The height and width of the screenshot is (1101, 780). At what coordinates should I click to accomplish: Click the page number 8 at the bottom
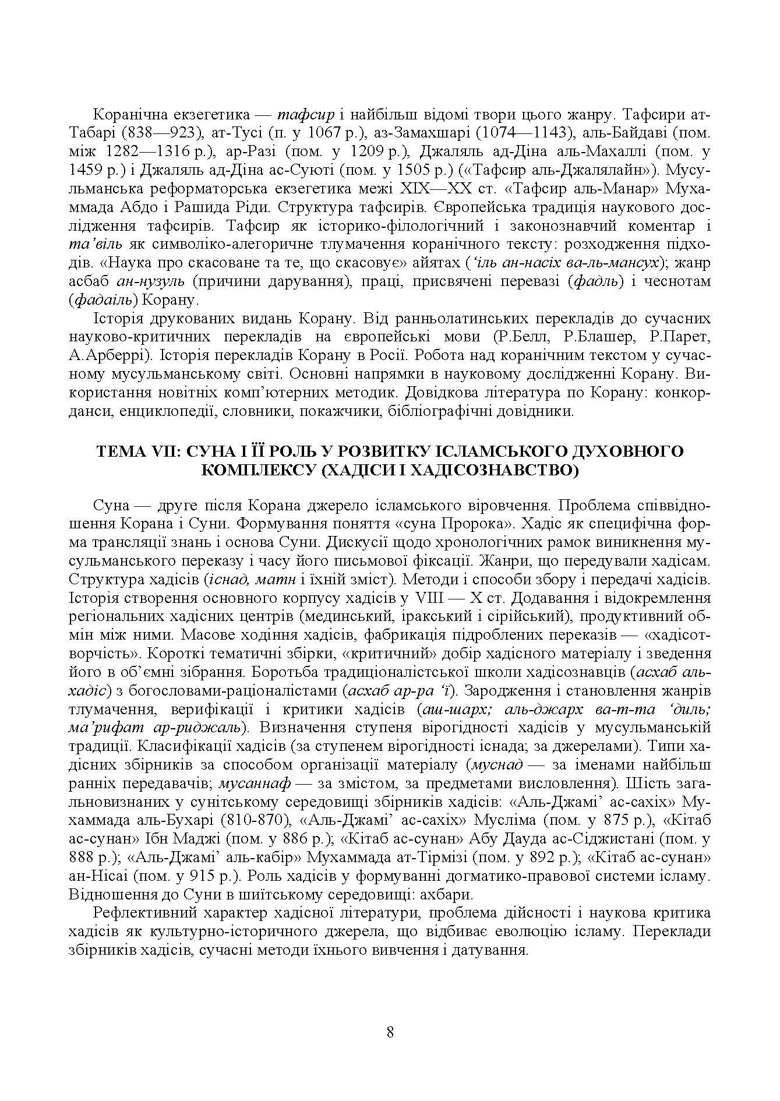coord(390,1032)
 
